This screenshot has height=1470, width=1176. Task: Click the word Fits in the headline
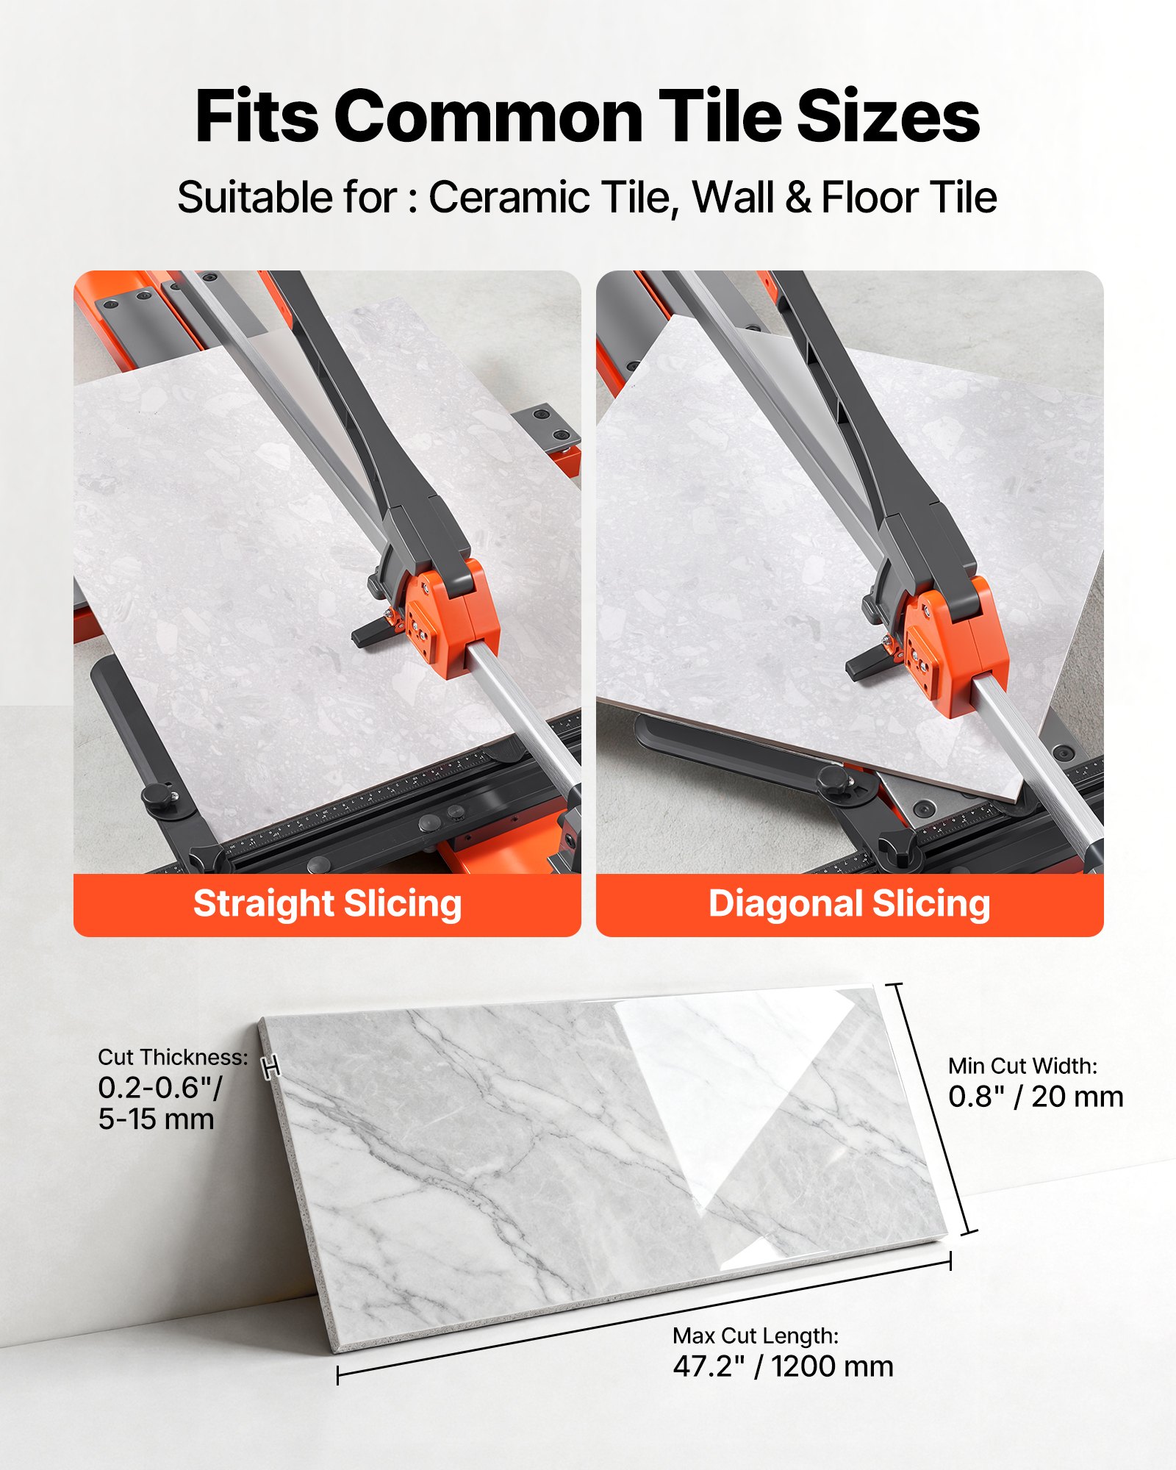257,118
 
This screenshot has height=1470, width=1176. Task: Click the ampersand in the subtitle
798,198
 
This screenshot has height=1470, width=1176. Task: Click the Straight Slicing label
327,904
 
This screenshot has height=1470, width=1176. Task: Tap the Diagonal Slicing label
849,904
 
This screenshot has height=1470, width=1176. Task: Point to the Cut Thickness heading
173,1058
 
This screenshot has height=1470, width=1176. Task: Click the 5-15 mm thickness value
156,1119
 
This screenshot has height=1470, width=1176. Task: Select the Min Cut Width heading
1022,1066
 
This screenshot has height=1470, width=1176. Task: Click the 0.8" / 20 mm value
1036,1097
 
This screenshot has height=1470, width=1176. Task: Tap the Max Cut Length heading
756,1335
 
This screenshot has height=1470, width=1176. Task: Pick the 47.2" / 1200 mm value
783,1366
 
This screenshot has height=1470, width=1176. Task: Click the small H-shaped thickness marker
271,1067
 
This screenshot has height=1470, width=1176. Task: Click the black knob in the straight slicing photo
157,796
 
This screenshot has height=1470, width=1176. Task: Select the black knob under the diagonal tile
833,778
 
